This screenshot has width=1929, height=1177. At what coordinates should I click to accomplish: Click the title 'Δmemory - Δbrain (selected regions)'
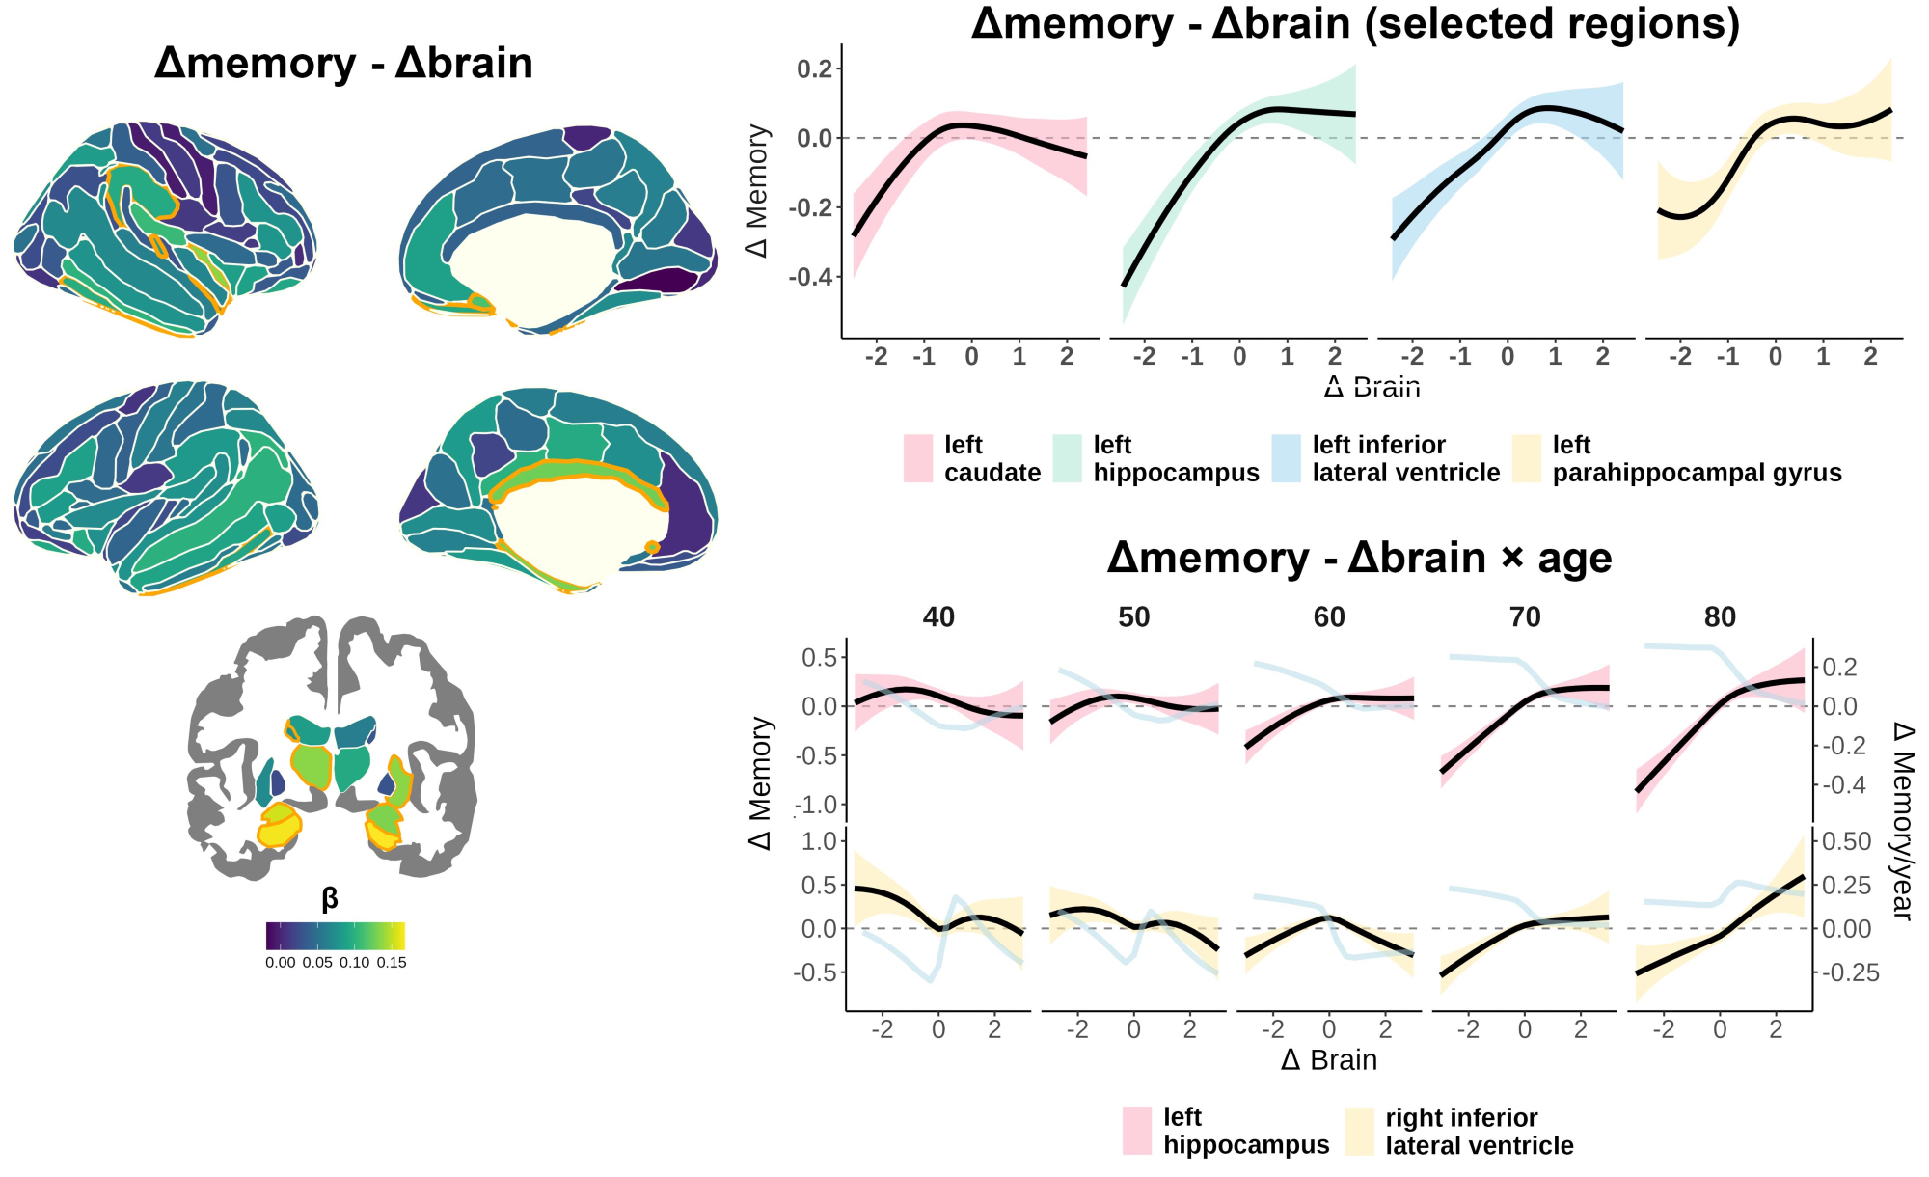point(1355,23)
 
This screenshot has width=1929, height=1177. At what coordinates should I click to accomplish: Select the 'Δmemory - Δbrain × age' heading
point(1359,559)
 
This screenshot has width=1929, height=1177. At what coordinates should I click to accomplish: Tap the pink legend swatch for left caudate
point(917,458)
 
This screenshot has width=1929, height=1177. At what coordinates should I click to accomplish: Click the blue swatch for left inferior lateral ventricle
point(1286,458)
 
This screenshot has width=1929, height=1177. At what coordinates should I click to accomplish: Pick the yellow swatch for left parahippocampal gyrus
point(1527,458)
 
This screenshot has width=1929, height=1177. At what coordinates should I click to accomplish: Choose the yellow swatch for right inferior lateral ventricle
point(1360,1131)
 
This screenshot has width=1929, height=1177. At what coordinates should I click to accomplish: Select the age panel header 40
point(938,617)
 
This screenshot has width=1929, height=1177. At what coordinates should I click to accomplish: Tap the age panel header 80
point(1720,617)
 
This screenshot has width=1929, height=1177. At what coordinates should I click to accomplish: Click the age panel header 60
point(1329,617)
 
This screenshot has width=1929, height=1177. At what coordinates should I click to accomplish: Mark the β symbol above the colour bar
point(330,899)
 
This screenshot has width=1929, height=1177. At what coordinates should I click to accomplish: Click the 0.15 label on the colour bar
point(392,963)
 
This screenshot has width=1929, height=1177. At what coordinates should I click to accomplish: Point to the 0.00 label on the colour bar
point(281,963)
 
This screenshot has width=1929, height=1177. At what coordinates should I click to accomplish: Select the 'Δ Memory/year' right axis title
point(1902,820)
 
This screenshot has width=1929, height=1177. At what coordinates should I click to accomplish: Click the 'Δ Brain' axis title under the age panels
point(1328,1060)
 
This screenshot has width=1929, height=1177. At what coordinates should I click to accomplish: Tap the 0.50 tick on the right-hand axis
point(1846,841)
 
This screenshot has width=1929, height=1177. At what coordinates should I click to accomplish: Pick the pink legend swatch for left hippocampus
point(1137,1131)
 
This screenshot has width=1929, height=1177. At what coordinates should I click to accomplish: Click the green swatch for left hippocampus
point(1067,458)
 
